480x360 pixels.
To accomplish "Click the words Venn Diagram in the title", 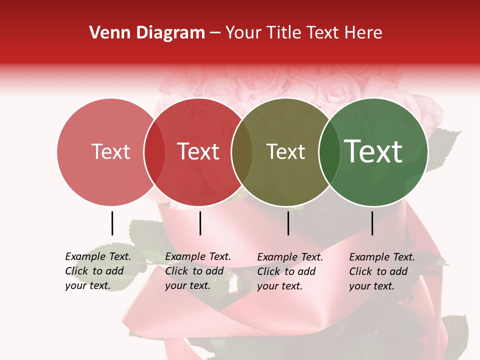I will tap(147, 33).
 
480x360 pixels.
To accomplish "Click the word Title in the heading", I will tap(283, 33).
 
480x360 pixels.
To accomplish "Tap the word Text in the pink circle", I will tap(110, 151).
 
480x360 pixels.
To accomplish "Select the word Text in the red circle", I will tap(198, 151).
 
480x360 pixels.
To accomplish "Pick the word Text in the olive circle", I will tap(285, 151).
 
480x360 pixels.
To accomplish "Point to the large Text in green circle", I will tap(373, 151).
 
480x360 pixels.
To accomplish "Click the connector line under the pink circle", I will tap(112, 223).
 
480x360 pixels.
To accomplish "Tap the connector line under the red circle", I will tap(200, 223).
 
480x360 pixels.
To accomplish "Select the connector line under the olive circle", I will tap(288, 223).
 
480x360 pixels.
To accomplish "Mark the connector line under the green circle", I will tap(372, 223).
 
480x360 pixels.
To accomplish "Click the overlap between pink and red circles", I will tap(154, 152).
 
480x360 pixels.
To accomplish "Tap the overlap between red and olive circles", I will tap(242, 152).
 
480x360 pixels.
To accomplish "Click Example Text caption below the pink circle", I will tap(98, 256).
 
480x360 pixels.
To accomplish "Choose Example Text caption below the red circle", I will tap(198, 256).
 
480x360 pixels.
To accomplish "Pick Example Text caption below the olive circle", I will tap(290, 257).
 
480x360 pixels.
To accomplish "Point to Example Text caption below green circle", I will tap(382, 257).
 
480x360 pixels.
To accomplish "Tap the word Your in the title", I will tap(244, 33).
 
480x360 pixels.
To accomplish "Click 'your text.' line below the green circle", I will tap(371, 286).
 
